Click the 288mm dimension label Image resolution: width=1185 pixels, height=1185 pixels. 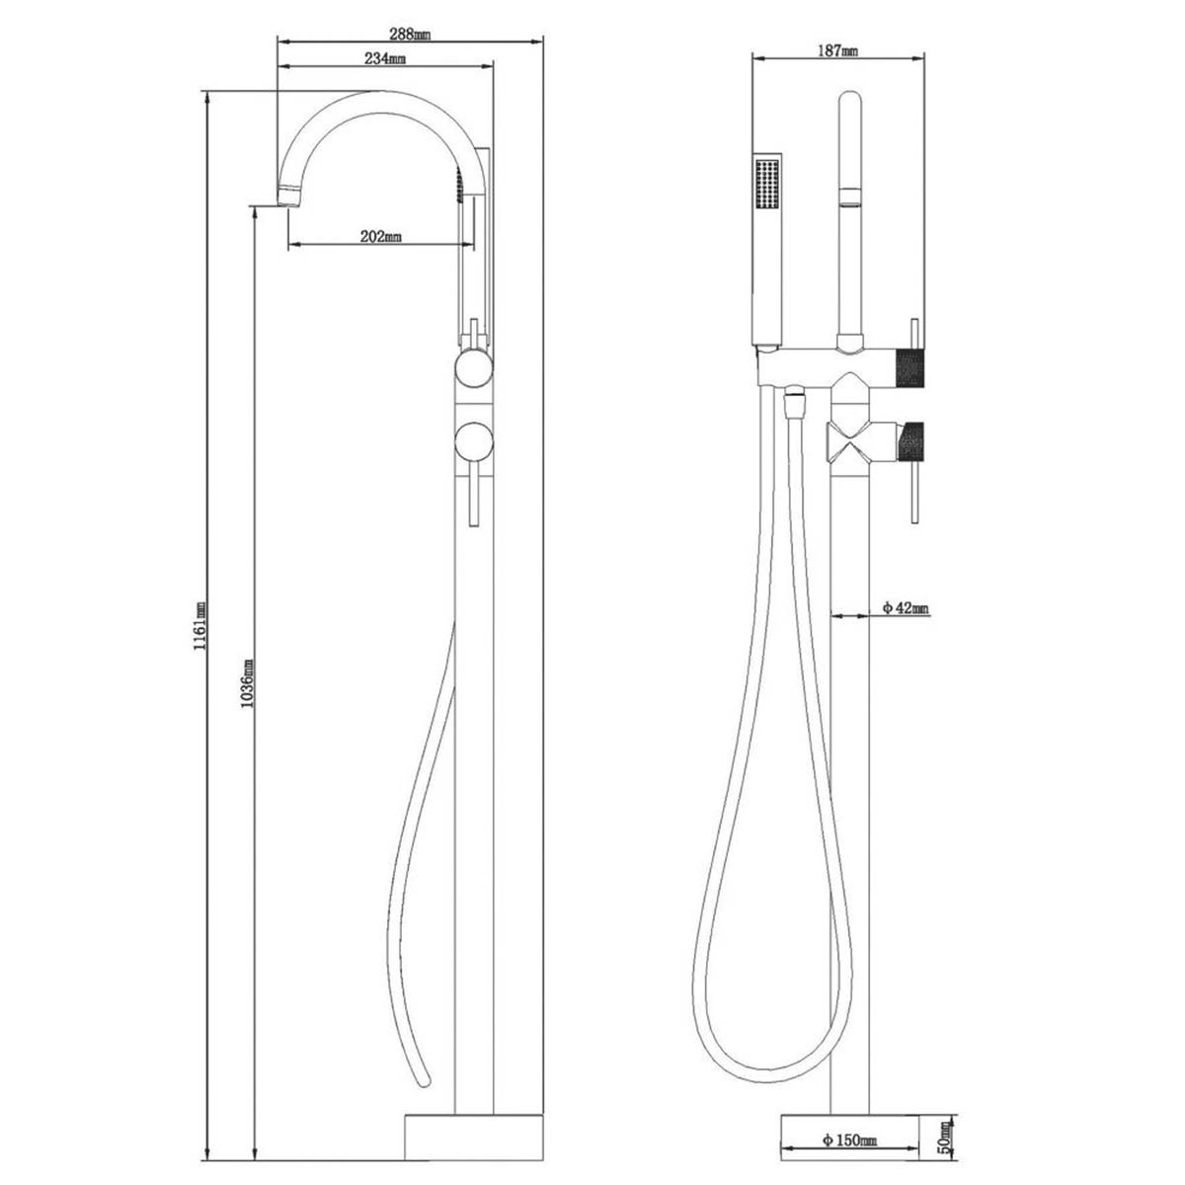408,33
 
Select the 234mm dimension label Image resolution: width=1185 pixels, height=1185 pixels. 385,59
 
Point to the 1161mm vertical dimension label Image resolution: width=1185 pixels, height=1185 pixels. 198,624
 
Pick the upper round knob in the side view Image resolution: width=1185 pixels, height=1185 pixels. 472,373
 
